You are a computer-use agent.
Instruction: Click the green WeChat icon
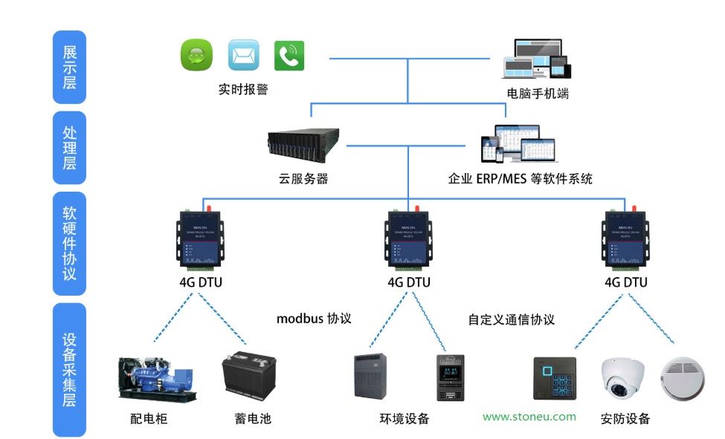[x=196, y=55]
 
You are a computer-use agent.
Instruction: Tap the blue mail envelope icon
[x=243, y=55]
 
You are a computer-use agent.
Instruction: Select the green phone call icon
[x=289, y=55]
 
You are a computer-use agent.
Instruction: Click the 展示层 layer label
[x=69, y=67]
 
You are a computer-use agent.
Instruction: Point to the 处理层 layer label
[x=69, y=148]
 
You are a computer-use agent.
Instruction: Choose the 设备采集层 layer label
[x=69, y=369]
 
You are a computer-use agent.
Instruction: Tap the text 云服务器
[x=303, y=179]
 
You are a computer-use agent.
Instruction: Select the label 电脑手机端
[x=538, y=94]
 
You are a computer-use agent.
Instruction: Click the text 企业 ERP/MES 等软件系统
[x=520, y=179]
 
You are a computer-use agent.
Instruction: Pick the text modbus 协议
[x=314, y=319]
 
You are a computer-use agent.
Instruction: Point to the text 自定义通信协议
[x=512, y=319]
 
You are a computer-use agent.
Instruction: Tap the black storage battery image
[x=249, y=377]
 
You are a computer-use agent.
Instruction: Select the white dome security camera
[x=622, y=377]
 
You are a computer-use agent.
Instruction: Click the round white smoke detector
[x=682, y=376]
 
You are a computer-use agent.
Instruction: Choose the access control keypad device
[x=555, y=380]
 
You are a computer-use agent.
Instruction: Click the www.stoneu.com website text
[x=529, y=417]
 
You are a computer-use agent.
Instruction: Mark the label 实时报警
[x=243, y=89]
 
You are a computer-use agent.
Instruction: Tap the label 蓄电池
[x=253, y=419]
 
